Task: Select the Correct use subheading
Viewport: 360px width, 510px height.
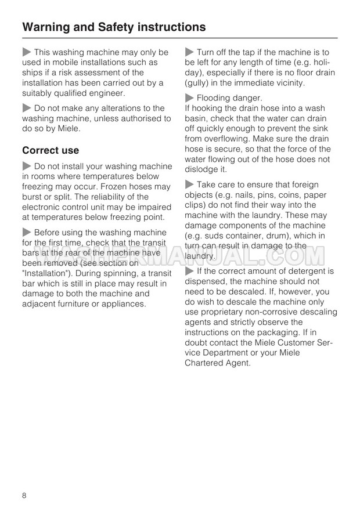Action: tap(51, 150)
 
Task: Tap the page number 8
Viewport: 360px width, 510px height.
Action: tap(25, 494)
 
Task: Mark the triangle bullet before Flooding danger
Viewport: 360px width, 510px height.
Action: tap(189, 98)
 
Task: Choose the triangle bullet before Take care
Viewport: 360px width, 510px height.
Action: tap(189, 185)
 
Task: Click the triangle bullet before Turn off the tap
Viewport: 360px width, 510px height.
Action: tap(189, 53)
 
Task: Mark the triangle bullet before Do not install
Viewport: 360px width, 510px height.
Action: tap(27, 167)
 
